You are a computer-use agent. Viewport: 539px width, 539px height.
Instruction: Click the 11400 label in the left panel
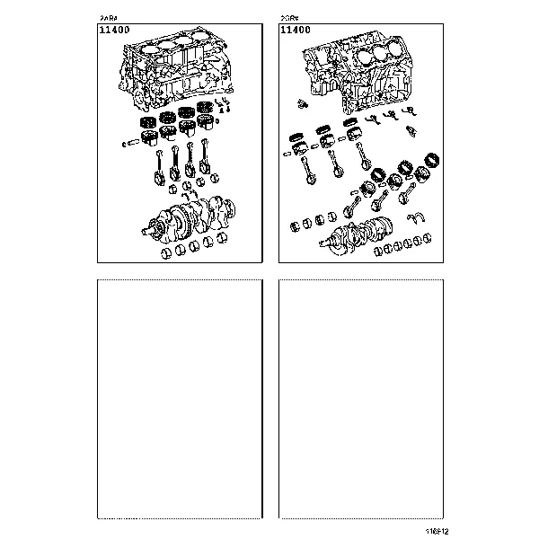click(x=116, y=31)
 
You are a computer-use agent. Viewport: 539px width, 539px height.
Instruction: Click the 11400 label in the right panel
click(x=296, y=31)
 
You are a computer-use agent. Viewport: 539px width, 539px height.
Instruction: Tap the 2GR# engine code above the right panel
click(x=289, y=18)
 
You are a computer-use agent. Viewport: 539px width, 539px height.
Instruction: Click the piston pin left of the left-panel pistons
click(x=136, y=142)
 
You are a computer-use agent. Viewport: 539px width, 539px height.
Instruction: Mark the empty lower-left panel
click(x=180, y=400)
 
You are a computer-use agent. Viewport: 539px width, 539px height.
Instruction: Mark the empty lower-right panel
click(x=361, y=400)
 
